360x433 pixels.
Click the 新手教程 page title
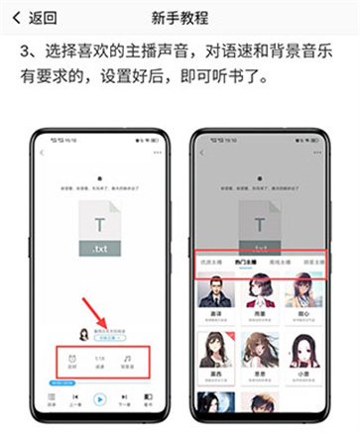[180, 17]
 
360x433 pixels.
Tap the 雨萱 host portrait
[261, 295]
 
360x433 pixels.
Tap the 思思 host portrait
[261, 349]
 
